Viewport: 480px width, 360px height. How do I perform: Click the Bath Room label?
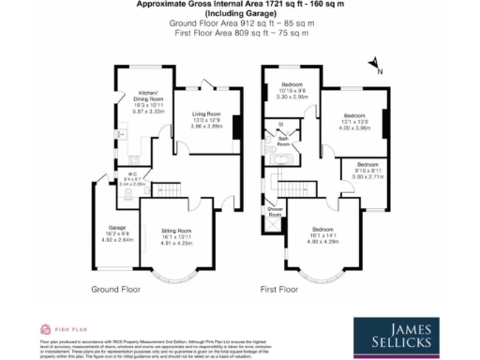pyautogui.click(x=283, y=142)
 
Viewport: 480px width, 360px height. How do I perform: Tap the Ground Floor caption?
pyautogui.click(x=116, y=290)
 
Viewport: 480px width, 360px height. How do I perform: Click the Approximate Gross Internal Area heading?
pyautogui.click(x=239, y=5)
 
